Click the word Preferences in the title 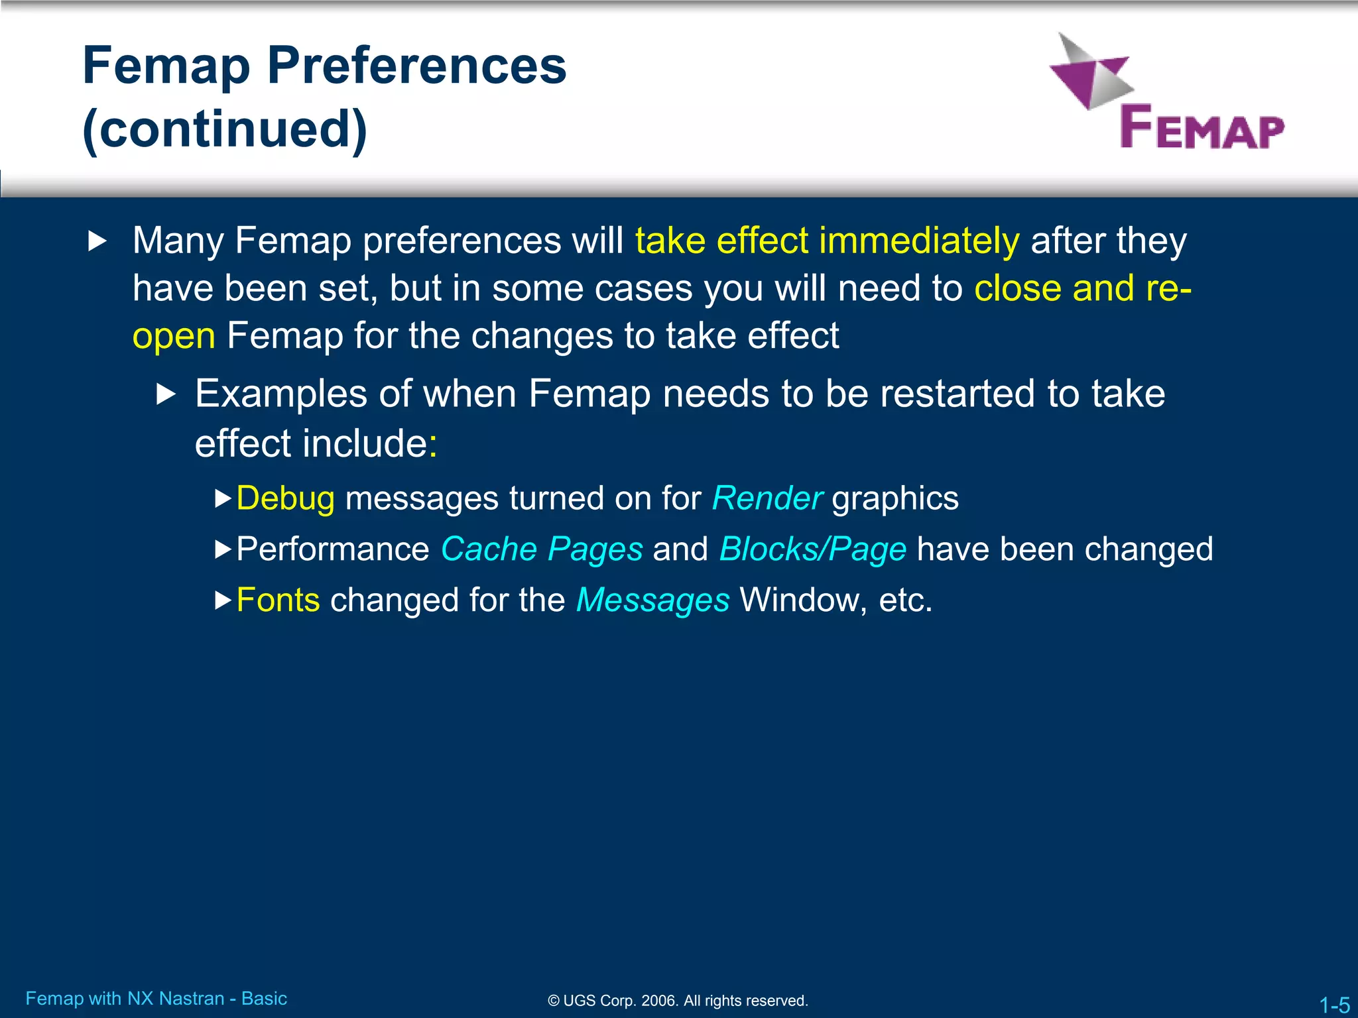[x=416, y=66]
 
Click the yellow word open [x=174, y=336]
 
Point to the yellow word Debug [x=285, y=498]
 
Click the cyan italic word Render [x=767, y=498]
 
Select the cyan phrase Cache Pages [x=542, y=549]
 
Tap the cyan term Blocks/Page [x=813, y=549]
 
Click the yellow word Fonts [x=278, y=600]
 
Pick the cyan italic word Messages [x=652, y=600]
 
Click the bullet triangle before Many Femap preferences [x=97, y=241]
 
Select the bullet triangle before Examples [x=166, y=395]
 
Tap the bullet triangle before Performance [x=223, y=549]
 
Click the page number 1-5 [x=1333, y=1005]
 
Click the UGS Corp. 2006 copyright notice [x=678, y=1001]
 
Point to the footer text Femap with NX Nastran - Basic [x=156, y=998]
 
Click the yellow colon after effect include [x=433, y=444]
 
